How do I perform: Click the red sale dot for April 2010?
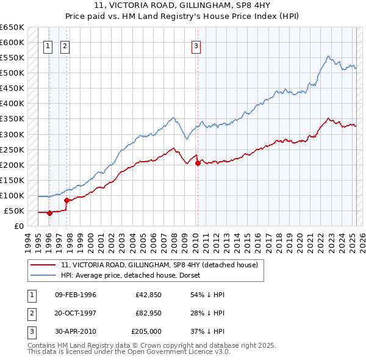click(x=198, y=163)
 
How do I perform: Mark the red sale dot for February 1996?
click(x=49, y=213)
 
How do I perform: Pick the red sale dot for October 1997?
click(x=66, y=201)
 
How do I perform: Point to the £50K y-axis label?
click(x=14, y=211)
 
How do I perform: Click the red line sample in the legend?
click(x=43, y=265)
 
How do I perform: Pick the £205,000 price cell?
click(x=146, y=332)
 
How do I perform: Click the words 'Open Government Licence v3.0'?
click(x=179, y=352)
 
